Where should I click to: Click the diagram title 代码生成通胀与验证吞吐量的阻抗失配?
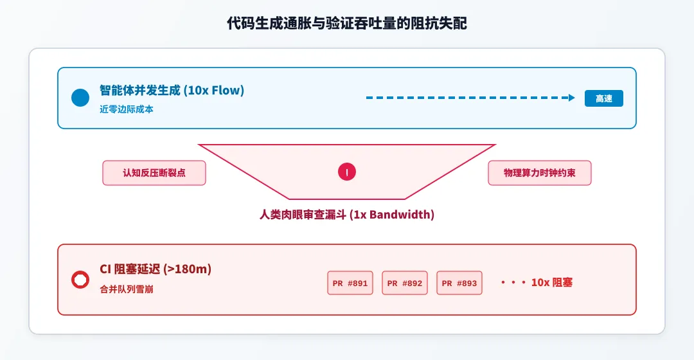click(346, 23)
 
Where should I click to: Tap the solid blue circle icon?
click(80, 98)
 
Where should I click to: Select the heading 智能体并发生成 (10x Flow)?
click(172, 91)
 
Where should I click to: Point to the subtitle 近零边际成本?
click(127, 109)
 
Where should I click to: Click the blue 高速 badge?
click(603, 98)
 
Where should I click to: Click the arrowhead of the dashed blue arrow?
click(572, 98)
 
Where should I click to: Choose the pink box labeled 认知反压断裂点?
click(154, 173)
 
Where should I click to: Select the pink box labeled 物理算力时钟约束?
click(540, 173)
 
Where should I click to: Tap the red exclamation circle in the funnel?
click(347, 172)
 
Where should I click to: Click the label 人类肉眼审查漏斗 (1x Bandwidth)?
click(346, 215)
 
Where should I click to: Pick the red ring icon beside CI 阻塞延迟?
click(80, 280)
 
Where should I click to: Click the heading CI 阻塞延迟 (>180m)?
click(156, 269)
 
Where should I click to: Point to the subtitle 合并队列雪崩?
click(127, 289)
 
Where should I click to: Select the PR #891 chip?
click(350, 283)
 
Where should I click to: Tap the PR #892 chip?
click(405, 283)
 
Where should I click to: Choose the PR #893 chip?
click(459, 283)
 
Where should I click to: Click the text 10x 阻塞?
click(552, 282)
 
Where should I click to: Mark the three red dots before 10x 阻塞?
click(513, 282)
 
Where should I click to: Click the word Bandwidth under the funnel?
click(400, 215)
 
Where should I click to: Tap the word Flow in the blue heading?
click(226, 91)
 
